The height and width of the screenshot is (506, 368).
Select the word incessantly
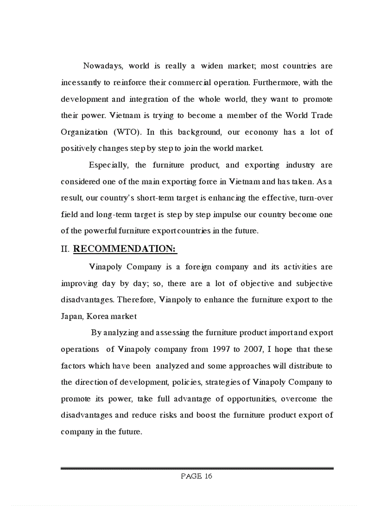(x=80, y=83)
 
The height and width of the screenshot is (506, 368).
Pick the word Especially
(x=108, y=165)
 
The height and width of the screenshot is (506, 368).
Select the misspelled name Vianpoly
(x=170, y=300)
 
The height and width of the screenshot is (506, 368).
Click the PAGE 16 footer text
(x=197, y=476)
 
